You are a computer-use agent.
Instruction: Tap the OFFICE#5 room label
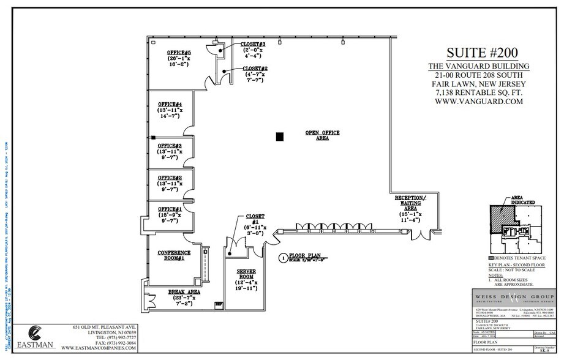click(179, 53)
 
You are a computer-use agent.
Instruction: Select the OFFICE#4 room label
click(170, 104)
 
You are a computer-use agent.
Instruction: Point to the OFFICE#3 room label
click(170, 146)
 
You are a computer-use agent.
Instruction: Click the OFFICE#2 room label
click(170, 178)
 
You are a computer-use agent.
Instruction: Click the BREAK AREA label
click(184, 292)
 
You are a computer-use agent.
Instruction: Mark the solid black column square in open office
click(280, 137)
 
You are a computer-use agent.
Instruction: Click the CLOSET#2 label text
click(255, 68)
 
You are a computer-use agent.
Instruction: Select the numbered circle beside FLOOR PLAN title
click(282, 257)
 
